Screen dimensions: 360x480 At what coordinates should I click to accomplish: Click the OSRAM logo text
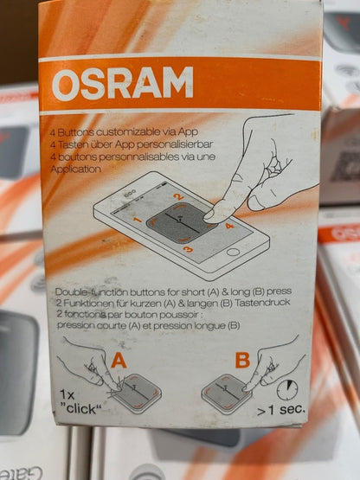pyautogui.click(x=123, y=83)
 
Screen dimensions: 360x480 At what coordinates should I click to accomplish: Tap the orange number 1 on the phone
pyautogui.click(x=138, y=220)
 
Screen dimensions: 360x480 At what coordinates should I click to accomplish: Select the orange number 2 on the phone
pyautogui.click(x=178, y=197)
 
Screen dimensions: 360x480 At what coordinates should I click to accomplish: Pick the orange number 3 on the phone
pyautogui.click(x=188, y=250)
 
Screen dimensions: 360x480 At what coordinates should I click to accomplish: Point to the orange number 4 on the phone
pyautogui.click(x=229, y=227)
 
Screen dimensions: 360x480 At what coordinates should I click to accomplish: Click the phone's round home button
pyautogui.click(x=233, y=253)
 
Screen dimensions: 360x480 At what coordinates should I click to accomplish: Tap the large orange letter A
pyautogui.click(x=119, y=361)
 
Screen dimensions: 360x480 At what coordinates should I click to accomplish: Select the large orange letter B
pyautogui.click(x=242, y=360)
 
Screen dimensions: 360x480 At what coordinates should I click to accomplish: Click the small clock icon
pyautogui.click(x=287, y=389)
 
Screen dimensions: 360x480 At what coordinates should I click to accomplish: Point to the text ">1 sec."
pyautogui.click(x=281, y=409)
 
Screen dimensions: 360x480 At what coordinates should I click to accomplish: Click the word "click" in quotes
pyautogui.click(x=81, y=408)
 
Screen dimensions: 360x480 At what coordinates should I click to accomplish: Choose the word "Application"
pyautogui.click(x=75, y=169)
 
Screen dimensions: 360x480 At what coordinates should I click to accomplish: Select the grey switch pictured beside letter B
pyautogui.click(x=226, y=394)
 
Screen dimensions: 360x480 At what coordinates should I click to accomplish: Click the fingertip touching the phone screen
pyautogui.click(x=212, y=215)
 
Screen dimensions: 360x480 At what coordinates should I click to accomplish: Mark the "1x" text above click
pyautogui.click(x=67, y=394)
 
